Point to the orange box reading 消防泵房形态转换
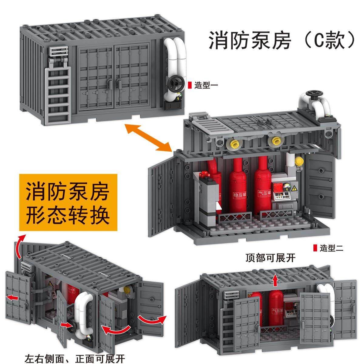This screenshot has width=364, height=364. click(x=68, y=203)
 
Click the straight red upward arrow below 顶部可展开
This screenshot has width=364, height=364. click(x=275, y=280)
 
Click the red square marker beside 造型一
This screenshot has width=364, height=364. click(x=190, y=86)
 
